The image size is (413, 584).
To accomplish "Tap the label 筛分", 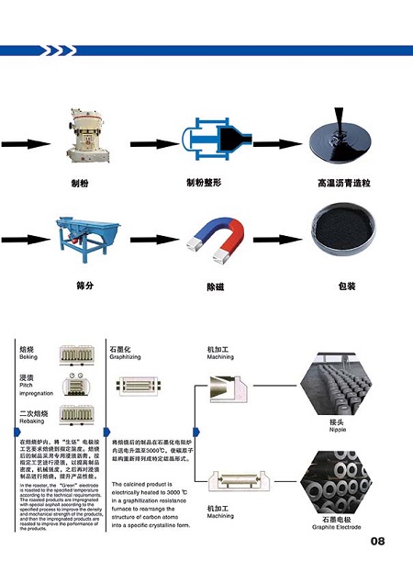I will point(86,286).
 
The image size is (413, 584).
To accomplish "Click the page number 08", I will point(377,541).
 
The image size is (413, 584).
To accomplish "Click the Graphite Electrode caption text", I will point(335,527).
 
